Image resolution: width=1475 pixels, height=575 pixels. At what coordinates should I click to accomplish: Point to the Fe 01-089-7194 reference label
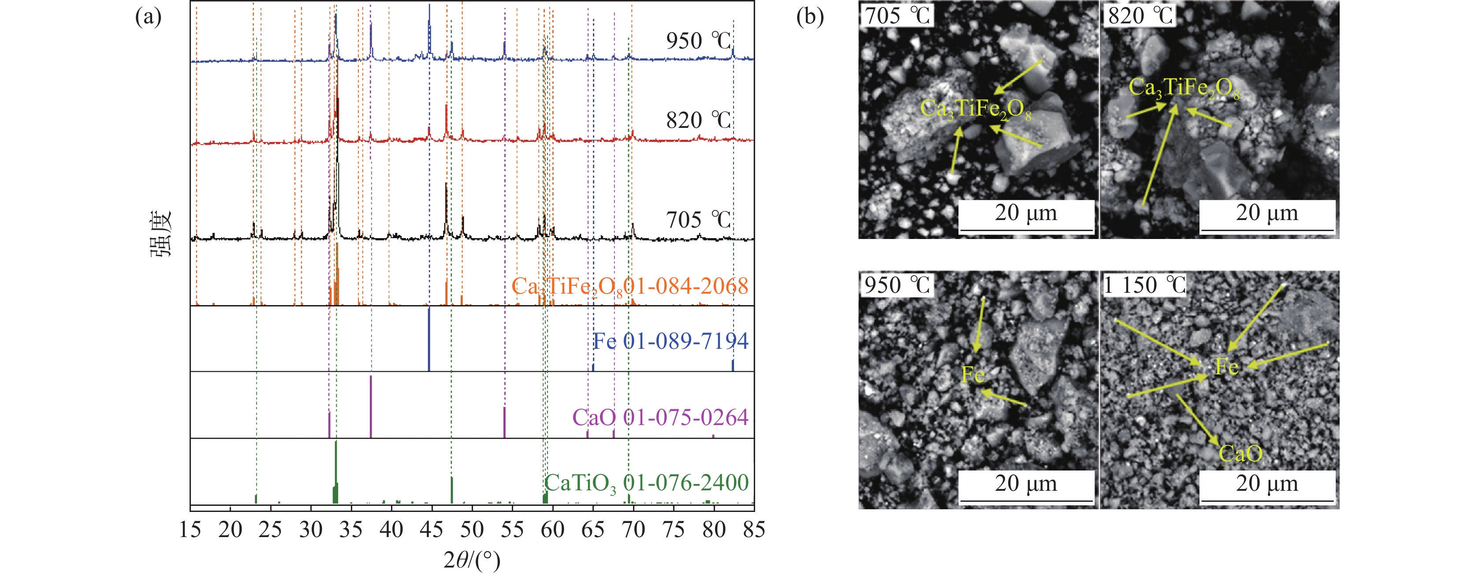click(x=670, y=342)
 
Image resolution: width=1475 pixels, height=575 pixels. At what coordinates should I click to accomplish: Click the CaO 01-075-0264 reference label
click(x=660, y=418)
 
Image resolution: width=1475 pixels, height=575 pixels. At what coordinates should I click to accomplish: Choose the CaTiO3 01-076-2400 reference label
click(x=646, y=483)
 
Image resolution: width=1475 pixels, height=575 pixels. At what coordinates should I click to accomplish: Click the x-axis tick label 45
click(x=431, y=530)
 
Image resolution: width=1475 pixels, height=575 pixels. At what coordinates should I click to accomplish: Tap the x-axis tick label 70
click(x=633, y=530)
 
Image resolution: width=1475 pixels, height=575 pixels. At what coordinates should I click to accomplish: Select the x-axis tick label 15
click(x=190, y=530)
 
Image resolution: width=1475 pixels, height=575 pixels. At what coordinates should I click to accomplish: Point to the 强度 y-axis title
click(x=161, y=235)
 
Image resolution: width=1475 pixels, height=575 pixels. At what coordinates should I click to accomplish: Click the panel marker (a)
click(x=148, y=17)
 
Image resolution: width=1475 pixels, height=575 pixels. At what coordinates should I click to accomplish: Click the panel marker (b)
click(x=810, y=17)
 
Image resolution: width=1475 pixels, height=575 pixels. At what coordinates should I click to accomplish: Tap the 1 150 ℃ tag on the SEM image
click(x=1144, y=285)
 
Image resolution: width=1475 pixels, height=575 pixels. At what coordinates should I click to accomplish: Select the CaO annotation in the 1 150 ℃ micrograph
click(x=1240, y=454)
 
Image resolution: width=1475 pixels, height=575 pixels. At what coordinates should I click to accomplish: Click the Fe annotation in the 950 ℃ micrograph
click(x=973, y=375)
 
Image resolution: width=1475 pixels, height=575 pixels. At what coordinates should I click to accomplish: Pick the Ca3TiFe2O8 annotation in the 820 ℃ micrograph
click(x=1184, y=89)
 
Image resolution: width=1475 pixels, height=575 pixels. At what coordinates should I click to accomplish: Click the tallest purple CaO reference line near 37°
click(x=371, y=406)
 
